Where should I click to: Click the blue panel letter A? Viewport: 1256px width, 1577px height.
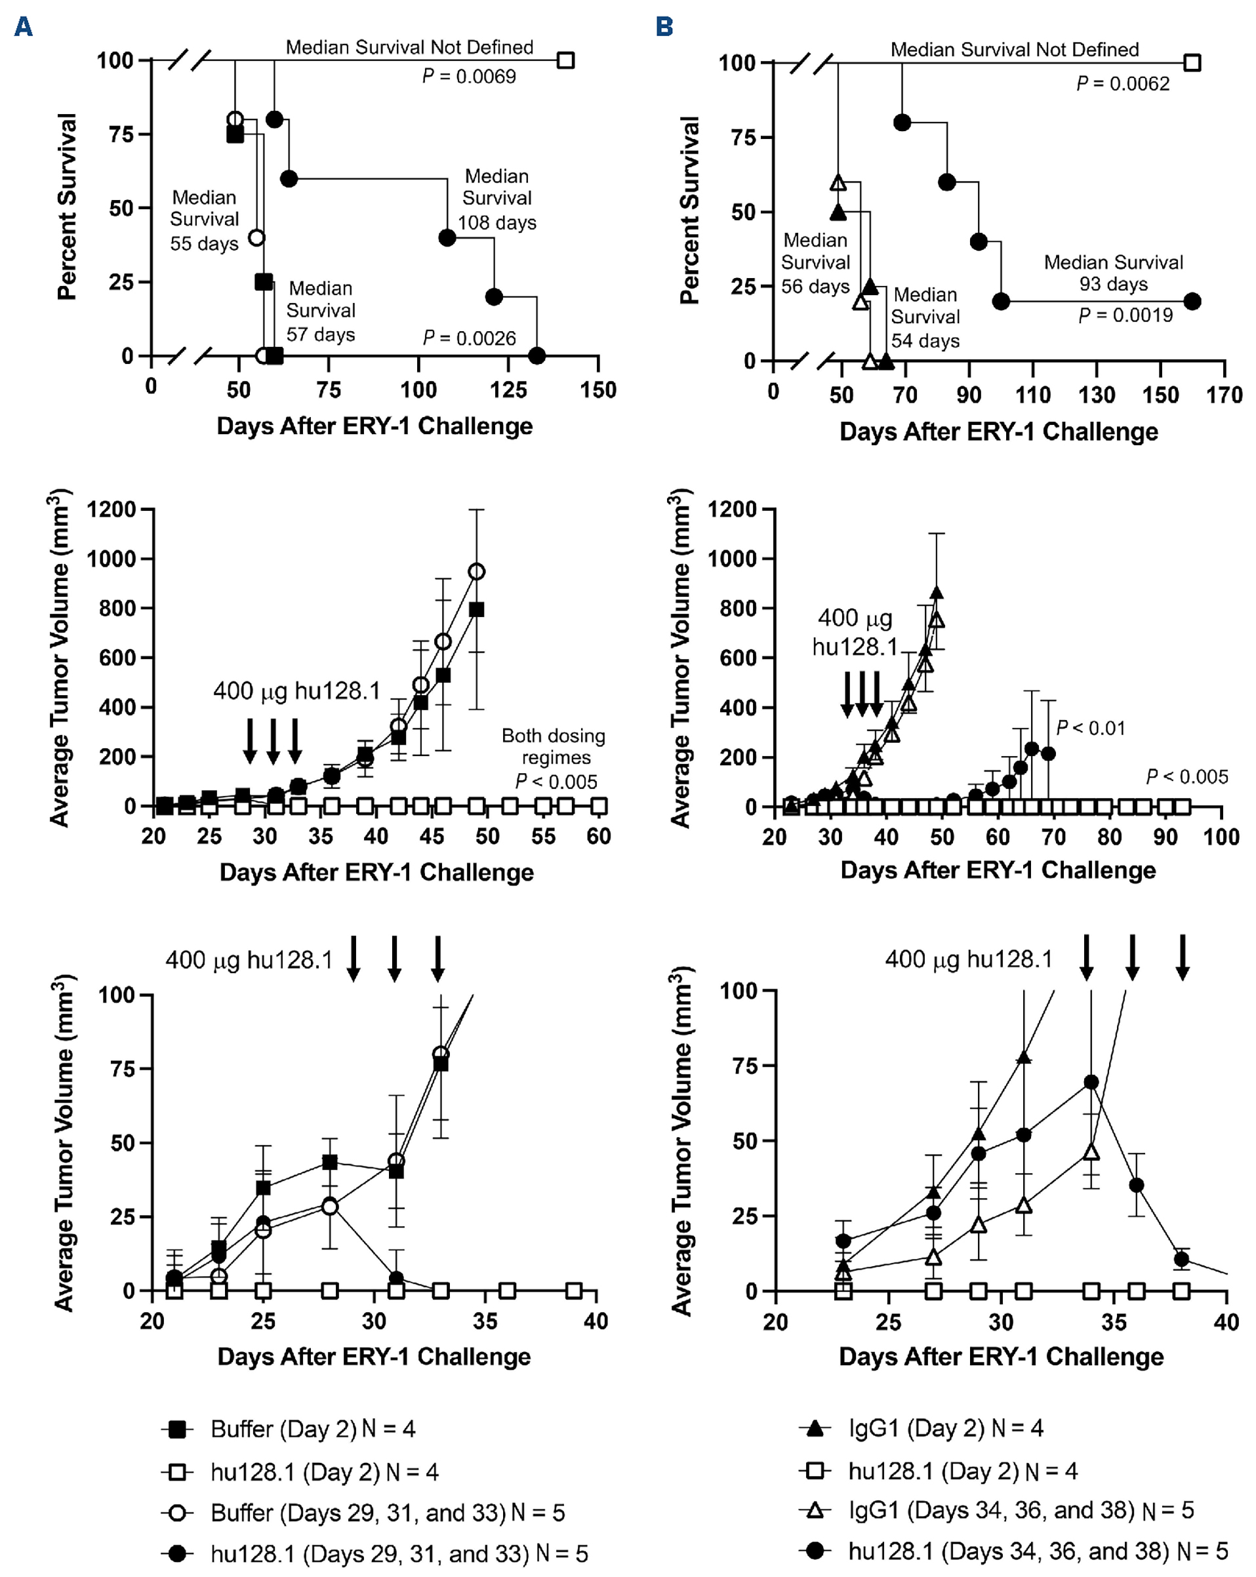pyautogui.click(x=24, y=27)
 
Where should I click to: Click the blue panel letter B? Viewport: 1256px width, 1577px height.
pyautogui.click(x=664, y=27)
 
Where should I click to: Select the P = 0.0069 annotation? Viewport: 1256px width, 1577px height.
pyautogui.click(x=469, y=76)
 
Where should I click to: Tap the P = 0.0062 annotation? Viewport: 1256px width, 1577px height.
pyautogui.click(x=1123, y=83)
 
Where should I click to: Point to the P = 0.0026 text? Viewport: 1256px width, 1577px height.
pyautogui.click(x=469, y=338)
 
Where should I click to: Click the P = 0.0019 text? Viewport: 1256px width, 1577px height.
pyautogui.click(x=1125, y=315)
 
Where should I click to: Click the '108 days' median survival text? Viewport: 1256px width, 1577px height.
pyautogui.click(x=497, y=222)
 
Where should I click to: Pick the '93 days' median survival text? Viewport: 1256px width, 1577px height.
pyautogui.click(x=1114, y=284)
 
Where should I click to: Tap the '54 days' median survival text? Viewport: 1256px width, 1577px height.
pyautogui.click(x=925, y=341)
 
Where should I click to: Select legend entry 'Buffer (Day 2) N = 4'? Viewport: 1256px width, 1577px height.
pyautogui.click(x=312, y=1429)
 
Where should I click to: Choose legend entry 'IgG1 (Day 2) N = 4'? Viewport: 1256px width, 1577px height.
pyautogui.click(x=945, y=1427)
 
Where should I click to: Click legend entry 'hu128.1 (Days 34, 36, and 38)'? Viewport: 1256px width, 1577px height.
pyautogui.click(x=1038, y=1551)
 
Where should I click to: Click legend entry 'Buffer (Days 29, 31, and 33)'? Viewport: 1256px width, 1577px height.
pyautogui.click(x=388, y=1512)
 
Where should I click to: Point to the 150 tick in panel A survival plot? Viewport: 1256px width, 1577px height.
pyautogui.click(x=598, y=390)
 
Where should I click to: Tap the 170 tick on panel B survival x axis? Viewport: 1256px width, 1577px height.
pyautogui.click(x=1225, y=395)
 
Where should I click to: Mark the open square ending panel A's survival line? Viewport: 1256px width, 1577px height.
pyautogui.click(x=565, y=60)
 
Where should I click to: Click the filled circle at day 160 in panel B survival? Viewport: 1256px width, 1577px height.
pyautogui.click(x=1192, y=302)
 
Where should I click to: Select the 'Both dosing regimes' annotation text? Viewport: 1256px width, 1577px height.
pyautogui.click(x=554, y=746)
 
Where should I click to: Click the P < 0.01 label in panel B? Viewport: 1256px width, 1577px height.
pyautogui.click(x=1091, y=728)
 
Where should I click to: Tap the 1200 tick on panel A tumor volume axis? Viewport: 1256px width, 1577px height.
pyautogui.click(x=112, y=509)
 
